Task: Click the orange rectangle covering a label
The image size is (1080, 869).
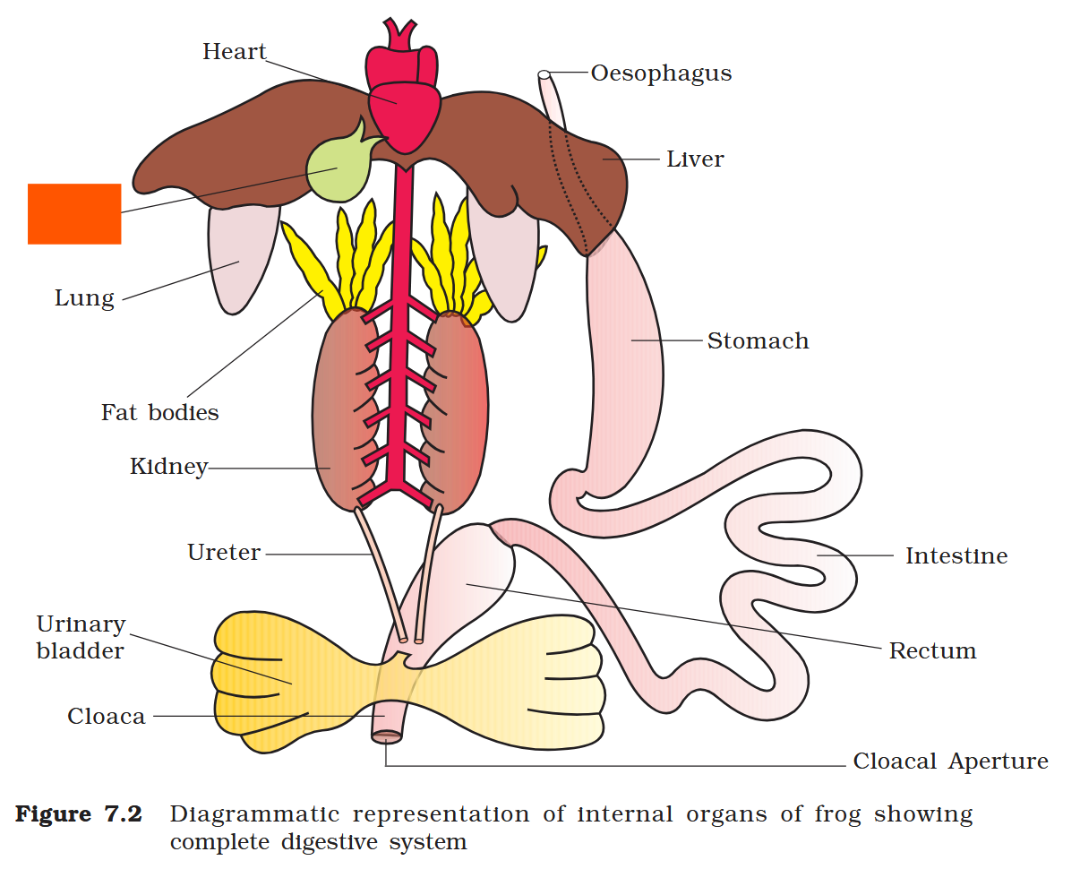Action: click(x=74, y=213)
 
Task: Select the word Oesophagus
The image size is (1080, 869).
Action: click(x=661, y=73)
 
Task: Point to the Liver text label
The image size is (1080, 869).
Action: click(x=695, y=159)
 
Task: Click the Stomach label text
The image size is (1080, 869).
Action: click(x=758, y=341)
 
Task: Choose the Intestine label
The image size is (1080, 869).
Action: click(x=956, y=556)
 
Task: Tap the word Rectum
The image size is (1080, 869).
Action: click(x=932, y=651)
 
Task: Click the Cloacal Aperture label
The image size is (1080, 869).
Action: click(x=950, y=761)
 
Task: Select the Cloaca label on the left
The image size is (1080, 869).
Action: click(x=106, y=717)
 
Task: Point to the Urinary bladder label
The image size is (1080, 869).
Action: click(x=81, y=637)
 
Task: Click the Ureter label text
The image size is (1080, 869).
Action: click(x=224, y=553)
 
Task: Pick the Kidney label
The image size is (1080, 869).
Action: click(x=168, y=467)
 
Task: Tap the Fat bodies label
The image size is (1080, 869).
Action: click(x=159, y=413)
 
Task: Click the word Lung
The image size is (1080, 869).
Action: click(x=84, y=298)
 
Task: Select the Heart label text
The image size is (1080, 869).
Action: click(x=235, y=52)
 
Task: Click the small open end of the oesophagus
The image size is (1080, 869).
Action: click(x=544, y=74)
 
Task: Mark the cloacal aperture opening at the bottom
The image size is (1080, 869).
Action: click(x=387, y=736)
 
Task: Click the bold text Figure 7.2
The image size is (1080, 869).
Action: click(x=79, y=815)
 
